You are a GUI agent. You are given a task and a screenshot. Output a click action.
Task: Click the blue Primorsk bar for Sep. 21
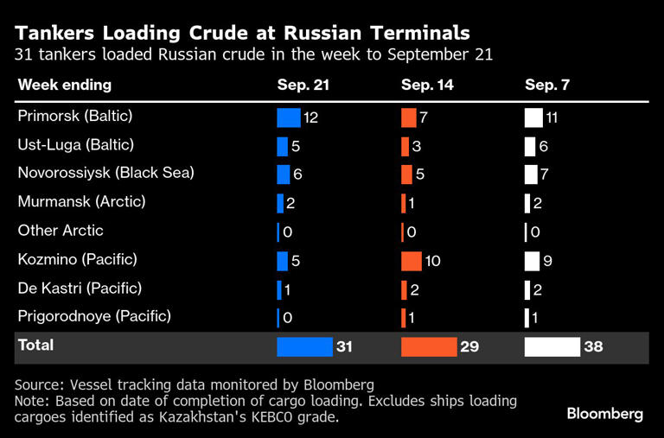tap(288, 117)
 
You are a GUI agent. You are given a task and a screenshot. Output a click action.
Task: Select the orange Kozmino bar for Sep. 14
tap(411, 260)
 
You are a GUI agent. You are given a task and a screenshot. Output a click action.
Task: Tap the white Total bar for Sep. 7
tap(552, 347)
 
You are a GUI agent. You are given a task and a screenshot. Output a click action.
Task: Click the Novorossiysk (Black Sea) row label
tap(105, 173)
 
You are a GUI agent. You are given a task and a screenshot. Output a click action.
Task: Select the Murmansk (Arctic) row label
tap(81, 201)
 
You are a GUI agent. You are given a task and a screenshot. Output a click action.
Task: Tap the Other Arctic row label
tap(61, 231)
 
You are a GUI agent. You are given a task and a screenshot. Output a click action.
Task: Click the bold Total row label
tap(35, 346)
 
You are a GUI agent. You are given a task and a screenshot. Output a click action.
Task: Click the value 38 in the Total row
tap(593, 347)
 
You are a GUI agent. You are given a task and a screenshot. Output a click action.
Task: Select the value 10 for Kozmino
tap(433, 261)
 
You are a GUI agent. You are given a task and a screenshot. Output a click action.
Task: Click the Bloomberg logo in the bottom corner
tap(604, 414)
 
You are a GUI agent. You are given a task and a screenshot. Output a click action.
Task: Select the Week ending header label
tap(64, 86)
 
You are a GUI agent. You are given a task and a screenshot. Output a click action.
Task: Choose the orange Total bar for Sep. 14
tap(428, 347)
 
